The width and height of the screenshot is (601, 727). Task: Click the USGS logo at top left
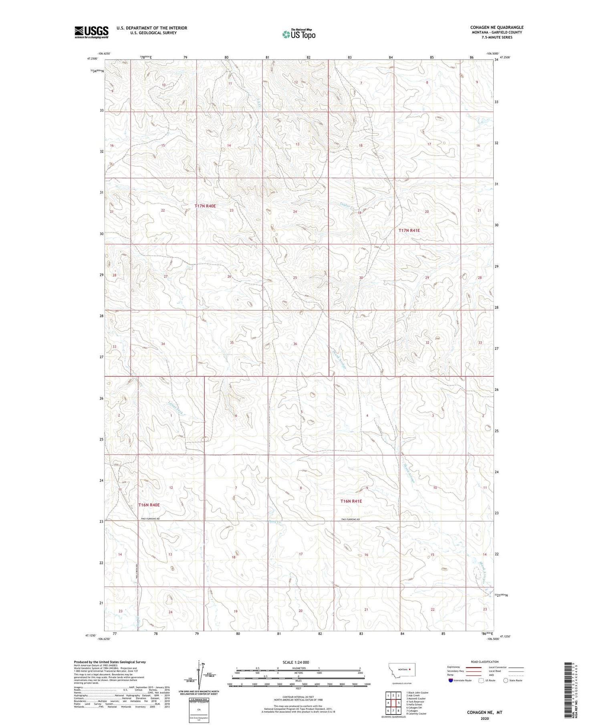click(91, 32)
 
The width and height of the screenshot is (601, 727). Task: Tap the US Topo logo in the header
click(299, 34)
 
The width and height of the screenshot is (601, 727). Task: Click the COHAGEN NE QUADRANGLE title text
click(497, 27)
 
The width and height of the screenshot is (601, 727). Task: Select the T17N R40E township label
click(205, 206)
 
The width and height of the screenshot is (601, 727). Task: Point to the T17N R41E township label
click(409, 231)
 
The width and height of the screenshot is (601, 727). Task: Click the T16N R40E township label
click(149, 505)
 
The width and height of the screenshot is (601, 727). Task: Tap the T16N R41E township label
click(351, 501)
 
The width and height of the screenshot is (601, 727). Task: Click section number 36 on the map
click(295, 344)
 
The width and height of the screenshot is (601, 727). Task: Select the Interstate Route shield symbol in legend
click(451, 680)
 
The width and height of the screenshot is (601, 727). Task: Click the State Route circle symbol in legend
click(506, 680)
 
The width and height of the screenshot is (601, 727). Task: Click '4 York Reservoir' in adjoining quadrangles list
click(415, 702)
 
